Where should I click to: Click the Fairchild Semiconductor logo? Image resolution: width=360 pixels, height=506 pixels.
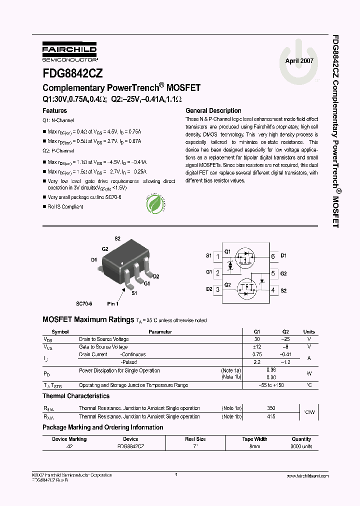point(69,51)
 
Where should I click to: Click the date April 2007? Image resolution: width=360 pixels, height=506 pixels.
point(299,60)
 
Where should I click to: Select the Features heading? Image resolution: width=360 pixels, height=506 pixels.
point(54,110)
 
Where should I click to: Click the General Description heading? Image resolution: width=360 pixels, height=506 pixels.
point(213,110)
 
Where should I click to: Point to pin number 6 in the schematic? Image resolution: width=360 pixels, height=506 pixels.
point(272,256)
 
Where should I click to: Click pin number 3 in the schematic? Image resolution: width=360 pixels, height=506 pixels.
point(217,289)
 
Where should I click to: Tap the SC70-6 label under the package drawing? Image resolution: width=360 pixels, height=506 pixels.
point(85,303)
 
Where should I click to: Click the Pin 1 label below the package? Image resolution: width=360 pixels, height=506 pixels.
point(113,303)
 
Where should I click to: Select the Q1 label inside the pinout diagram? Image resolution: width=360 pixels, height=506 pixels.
point(227,251)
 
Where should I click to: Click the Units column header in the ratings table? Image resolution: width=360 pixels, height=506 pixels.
point(309,331)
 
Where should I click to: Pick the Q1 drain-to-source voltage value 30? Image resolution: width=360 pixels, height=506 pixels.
point(257,339)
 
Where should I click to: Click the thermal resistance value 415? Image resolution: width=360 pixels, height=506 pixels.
point(257,416)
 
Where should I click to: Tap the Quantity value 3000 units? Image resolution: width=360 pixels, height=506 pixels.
point(301,446)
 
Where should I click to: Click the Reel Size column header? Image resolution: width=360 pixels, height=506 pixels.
point(195,439)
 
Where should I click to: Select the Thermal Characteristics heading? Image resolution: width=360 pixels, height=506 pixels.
point(76,396)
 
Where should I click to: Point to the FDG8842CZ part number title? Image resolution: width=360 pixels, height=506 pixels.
point(73,73)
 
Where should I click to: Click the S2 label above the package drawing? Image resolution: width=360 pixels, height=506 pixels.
point(117,238)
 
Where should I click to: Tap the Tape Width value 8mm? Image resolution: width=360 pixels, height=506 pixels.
point(254,446)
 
